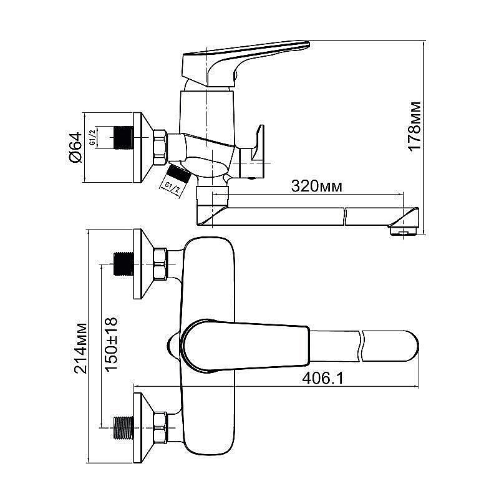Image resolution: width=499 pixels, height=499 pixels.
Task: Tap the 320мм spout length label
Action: point(316,187)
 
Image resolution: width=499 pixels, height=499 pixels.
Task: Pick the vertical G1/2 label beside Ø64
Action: point(92,137)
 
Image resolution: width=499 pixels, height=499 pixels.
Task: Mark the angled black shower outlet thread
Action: point(178,172)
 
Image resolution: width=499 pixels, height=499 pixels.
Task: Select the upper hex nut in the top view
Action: point(159,263)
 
